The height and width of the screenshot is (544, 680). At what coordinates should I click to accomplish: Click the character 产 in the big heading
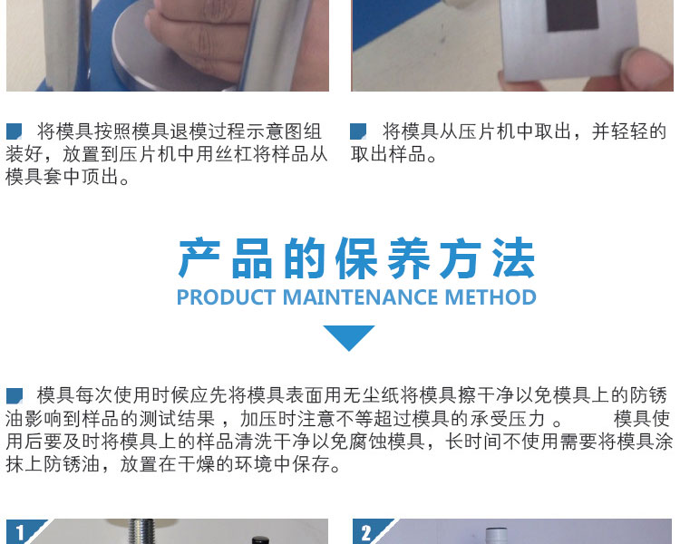point(200,259)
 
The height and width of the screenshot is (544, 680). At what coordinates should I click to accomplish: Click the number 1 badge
point(20,531)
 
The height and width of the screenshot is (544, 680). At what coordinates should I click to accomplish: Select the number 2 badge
point(366,532)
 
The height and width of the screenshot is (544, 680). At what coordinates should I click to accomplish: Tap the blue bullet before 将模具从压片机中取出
point(358,131)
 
